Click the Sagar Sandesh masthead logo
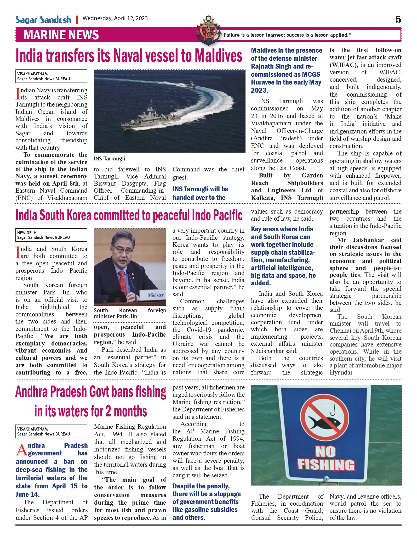coord(43,20)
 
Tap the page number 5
coord(398,20)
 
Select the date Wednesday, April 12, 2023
coord(115,18)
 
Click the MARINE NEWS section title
coord(61,35)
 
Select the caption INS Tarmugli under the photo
coord(110,159)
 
